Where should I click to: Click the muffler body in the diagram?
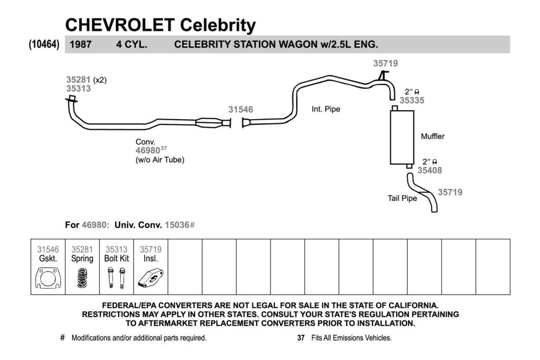(402, 137)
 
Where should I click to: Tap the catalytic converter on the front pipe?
(209, 122)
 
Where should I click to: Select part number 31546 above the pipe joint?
(240, 110)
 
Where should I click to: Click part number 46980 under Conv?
(148, 150)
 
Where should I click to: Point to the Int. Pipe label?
(326, 109)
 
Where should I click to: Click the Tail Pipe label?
(402, 198)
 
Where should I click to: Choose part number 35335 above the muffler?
(412, 101)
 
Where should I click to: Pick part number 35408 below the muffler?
(429, 170)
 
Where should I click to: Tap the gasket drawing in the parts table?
(48, 278)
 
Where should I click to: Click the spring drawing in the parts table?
(82, 278)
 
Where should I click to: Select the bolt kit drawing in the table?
(117, 278)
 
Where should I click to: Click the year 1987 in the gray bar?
(81, 44)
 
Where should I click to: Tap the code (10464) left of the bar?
(44, 44)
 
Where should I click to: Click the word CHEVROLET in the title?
(120, 25)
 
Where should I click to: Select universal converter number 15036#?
(180, 225)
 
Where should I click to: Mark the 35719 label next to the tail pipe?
(450, 192)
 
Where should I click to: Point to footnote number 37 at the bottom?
(301, 338)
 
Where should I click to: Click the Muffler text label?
(432, 137)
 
